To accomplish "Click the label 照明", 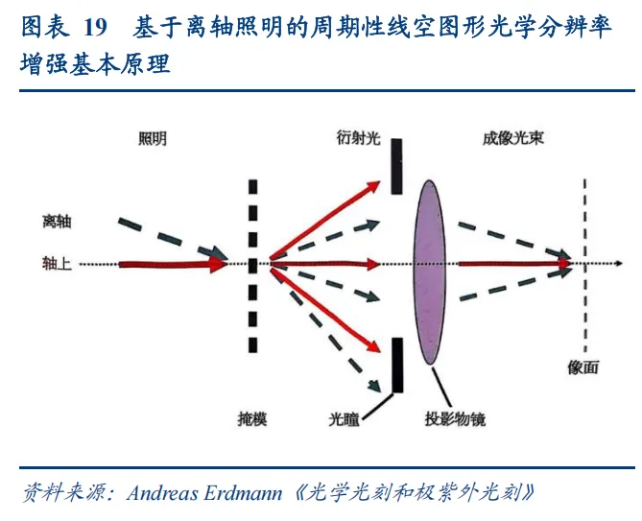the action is point(153,140).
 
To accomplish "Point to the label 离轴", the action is point(58,223).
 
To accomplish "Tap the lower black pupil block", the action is point(396,366).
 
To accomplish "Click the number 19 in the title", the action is point(94,28).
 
